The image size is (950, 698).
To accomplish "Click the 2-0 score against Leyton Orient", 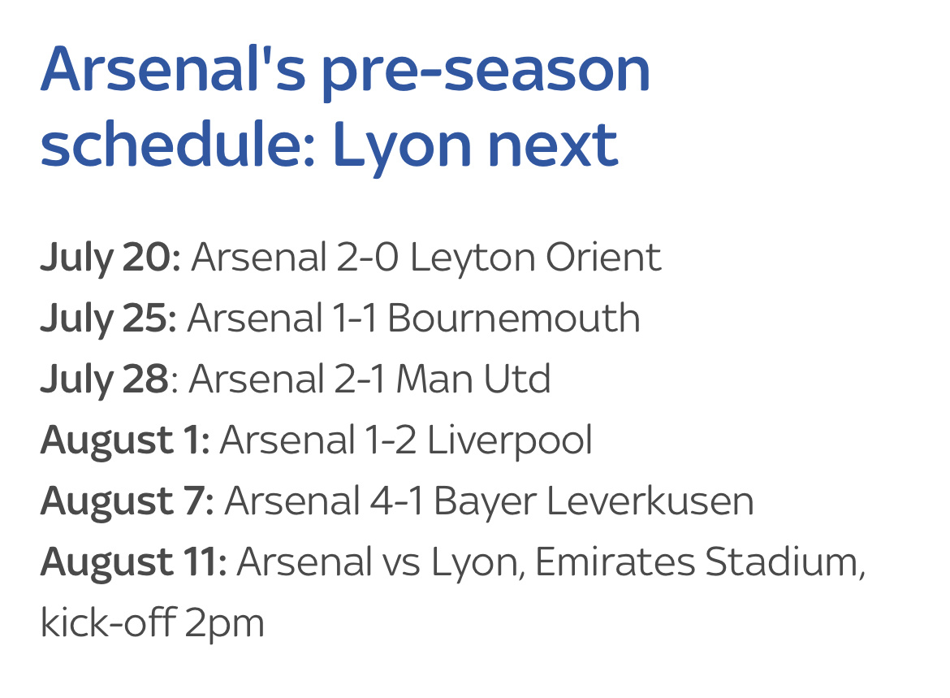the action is pyautogui.click(x=367, y=257).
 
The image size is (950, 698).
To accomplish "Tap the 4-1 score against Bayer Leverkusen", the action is pyautogui.click(x=396, y=501).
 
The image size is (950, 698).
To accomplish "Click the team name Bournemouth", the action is pyautogui.click(x=514, y=318).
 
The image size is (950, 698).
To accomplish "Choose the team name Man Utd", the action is pyautogui.click(x=473, y=379).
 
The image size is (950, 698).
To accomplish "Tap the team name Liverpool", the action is pyautogui.click(x=510, y=441).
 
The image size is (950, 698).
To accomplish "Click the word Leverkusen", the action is pyautogui.click(x=650, y=501).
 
